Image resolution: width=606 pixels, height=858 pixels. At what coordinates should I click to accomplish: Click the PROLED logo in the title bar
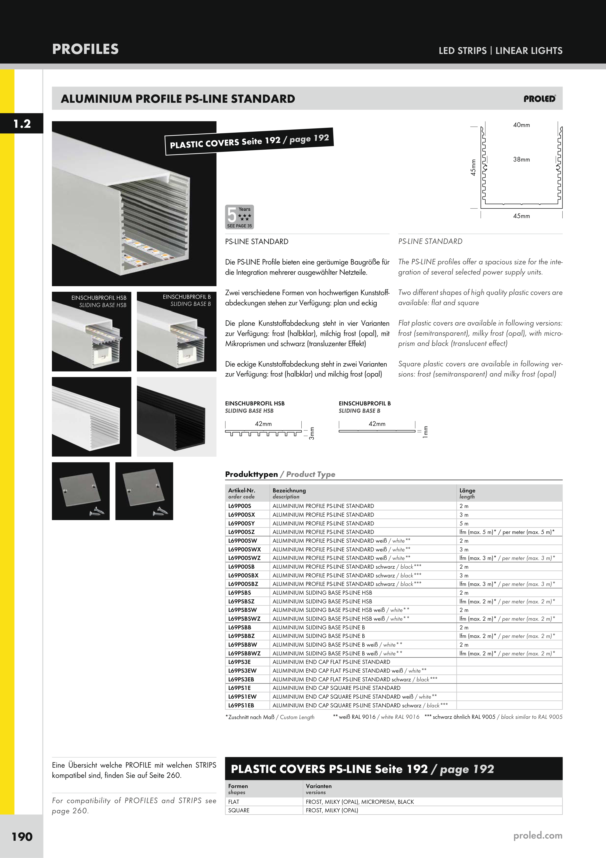(x=540, y=99)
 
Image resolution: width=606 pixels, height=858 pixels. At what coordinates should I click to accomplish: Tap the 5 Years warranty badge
(x=239, y=217)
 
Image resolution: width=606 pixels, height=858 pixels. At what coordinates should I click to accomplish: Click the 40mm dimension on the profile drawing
(x=521, y=125)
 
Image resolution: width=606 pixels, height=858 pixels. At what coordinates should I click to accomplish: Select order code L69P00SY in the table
(x=241, y=523)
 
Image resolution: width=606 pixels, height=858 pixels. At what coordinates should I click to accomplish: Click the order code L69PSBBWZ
(x=244, y=653)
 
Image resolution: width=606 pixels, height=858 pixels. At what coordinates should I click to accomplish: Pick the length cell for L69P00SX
(x=464, y=515)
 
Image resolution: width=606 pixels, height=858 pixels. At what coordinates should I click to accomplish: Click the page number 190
(x=22, y=836)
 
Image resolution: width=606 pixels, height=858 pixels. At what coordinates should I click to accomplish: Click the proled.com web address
(x=538, y=835)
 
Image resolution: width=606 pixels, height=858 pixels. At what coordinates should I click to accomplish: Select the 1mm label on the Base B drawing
(x=425, y=432)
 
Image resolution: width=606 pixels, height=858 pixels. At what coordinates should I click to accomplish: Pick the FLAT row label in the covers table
(x=234, y=802)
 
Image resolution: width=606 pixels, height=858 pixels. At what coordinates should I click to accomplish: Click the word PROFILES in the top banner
(x=85, y=49)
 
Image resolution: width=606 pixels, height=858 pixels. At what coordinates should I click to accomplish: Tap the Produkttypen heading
(x=251, y=474)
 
